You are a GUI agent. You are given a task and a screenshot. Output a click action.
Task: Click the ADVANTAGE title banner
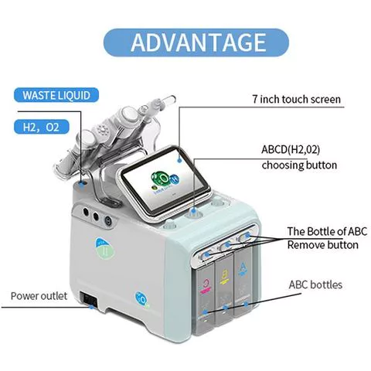tap(196, 43)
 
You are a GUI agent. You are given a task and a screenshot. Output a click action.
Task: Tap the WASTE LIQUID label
tap(56, 95)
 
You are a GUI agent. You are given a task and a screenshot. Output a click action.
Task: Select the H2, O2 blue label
tap(42, 127)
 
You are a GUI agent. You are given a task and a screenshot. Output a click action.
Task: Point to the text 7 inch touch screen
tap(297, 99)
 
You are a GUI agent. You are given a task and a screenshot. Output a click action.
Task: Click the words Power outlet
tap(39, 296)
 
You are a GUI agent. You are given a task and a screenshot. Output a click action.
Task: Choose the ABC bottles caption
tap(315, 284)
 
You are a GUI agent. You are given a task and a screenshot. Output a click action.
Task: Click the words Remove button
tap(323, 245)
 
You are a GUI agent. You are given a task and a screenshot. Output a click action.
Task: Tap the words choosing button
tap(299, 165)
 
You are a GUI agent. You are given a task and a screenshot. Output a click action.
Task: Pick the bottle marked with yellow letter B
tap(223, 291)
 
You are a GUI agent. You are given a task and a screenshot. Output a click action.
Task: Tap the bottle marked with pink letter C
tap(205, 299)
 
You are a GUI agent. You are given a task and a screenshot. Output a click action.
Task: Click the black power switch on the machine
tap(89, 299)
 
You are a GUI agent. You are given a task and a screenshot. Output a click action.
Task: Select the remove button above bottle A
tap(247, 236)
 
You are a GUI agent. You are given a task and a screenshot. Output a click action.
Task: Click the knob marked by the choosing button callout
tap(192, 214)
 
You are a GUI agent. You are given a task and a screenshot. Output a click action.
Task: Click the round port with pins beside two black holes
tap(108, 221)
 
